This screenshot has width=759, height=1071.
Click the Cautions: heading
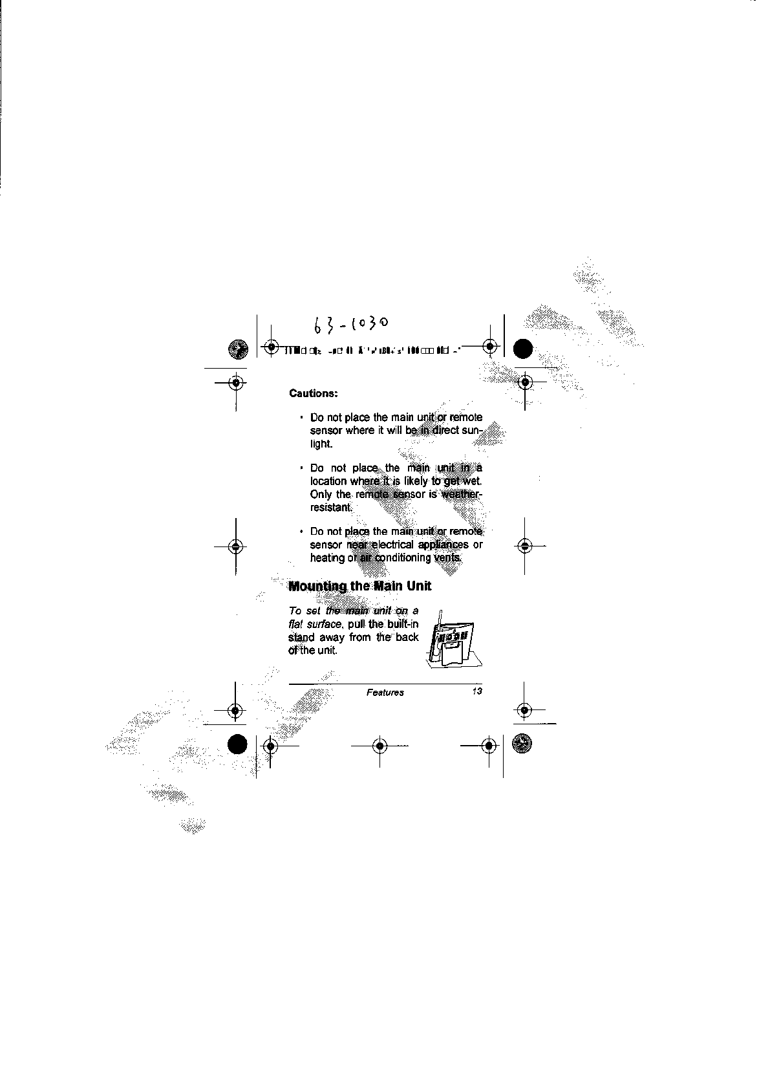click(314, 393)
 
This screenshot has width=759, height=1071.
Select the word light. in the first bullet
click(321, 444)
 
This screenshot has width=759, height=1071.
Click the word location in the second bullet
click(328, 481)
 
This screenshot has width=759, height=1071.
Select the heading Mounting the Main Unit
click(359, 587)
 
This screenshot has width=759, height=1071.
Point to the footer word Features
click(385, 693)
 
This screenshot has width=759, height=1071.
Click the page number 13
click(477, 692)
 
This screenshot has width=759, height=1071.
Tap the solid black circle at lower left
click(237, 745)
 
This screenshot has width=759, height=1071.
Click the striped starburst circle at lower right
click(521, 745)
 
